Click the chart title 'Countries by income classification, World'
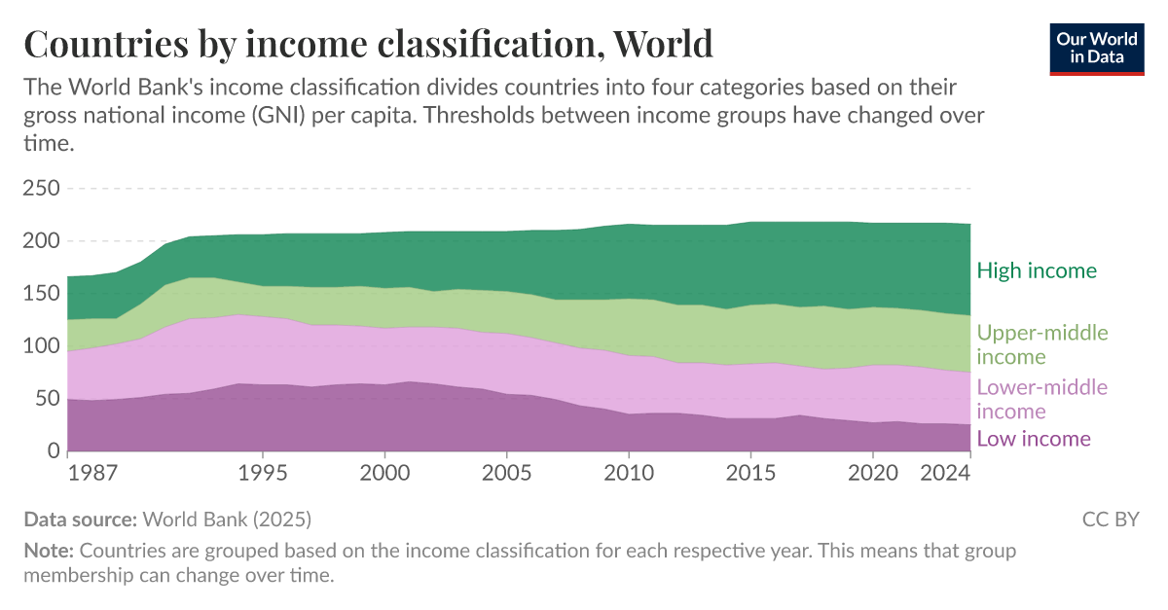coord(368,45)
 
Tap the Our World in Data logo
coord(1097,47)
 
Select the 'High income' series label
coord(1037,270)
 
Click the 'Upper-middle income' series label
coord(1041,344)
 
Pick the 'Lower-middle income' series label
coord(1041,399)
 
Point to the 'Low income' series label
coord(1033,439)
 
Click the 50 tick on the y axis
coord(46,398)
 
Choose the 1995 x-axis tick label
coord(264,473)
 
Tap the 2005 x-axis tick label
coord(507,473)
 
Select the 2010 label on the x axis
coord(629,473)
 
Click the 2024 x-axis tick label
coord(946,473)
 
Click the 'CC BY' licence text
coord(1111,519)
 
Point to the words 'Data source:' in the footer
coord(81,519)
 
